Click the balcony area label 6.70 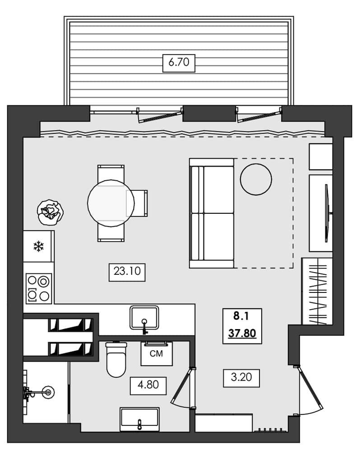click(179, 62)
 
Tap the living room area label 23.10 click(127, 272)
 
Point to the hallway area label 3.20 click(241, 377)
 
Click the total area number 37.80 click(242, 334)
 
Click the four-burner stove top click(38, 288)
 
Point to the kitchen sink click(144, 318)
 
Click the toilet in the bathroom click(116, 359)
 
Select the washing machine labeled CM click(156, 354)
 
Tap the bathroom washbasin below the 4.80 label click(139, 419)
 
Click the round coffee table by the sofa click(256, 179)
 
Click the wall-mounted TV click(327, 212)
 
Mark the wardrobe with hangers click(317, 291)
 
